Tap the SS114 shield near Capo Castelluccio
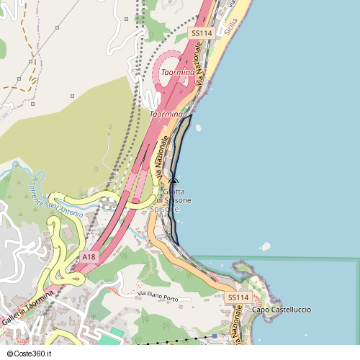238,297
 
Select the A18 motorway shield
89,257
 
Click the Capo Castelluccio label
282,310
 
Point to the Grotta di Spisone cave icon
174,182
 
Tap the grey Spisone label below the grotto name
164,209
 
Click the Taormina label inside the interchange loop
177,73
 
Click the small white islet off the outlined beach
199,128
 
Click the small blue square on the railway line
214,336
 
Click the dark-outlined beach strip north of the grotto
183,140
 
